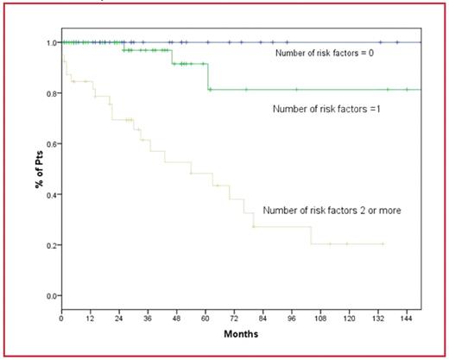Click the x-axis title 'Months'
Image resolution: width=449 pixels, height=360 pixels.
241,333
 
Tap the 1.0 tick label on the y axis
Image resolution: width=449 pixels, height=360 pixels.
51,42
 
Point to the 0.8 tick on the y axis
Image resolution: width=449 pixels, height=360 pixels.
51,93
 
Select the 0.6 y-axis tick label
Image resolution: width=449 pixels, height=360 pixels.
51,144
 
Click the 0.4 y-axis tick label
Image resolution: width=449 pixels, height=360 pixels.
51,195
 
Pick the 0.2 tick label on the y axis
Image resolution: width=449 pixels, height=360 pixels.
51,245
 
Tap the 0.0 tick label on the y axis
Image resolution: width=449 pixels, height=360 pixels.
51,296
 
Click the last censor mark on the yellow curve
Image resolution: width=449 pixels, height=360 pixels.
382,244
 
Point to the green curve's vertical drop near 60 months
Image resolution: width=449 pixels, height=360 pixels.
208,76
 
